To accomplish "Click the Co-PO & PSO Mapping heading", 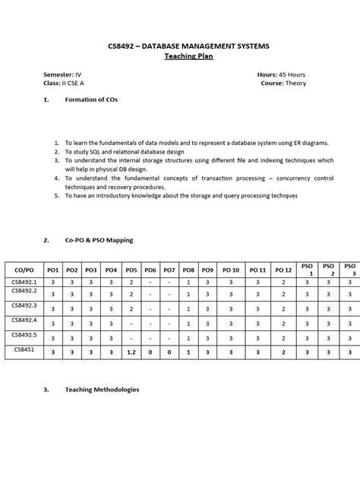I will pos(99,240).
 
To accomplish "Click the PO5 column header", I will pos(131,270).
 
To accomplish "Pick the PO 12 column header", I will pos(283,270).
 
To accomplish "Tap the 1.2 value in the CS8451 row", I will pos(131,352).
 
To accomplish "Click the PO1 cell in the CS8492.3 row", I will pos(52,309).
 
